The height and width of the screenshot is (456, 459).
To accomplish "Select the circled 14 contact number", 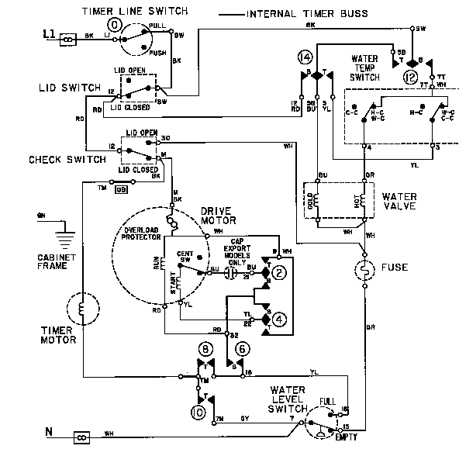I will (x=306, y=58).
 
